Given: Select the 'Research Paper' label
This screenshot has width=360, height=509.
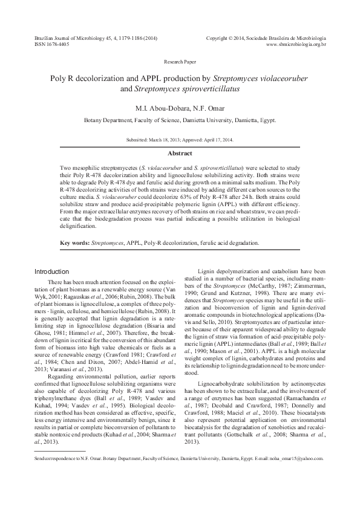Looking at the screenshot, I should point(180,62).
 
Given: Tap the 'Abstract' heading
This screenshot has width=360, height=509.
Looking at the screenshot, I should point(180,154).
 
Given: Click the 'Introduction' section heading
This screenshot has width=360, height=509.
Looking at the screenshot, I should point(52,271).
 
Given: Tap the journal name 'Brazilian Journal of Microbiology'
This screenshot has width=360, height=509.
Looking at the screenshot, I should point(65,38).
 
